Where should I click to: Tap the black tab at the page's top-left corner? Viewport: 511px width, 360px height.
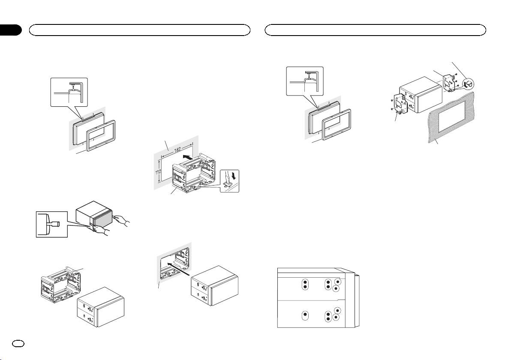pos(11,30)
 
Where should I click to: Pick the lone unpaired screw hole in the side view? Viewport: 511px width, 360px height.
pos(305,315)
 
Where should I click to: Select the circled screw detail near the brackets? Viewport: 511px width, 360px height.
pos(468,84)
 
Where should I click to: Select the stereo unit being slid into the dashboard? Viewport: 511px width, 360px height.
pos(215,286)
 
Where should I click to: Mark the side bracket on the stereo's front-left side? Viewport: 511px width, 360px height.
pos(400,104)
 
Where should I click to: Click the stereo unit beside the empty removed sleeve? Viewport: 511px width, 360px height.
pos(101,307)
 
